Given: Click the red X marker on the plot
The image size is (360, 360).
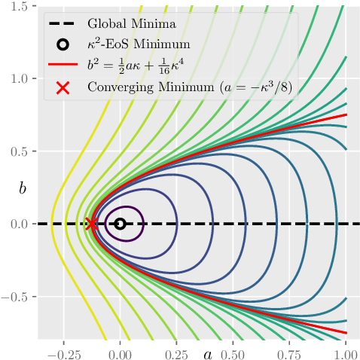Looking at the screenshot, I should coord(92,224).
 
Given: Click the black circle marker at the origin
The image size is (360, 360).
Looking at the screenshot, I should coord(120,224).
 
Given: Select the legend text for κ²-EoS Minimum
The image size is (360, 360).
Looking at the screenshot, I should coord(138,44).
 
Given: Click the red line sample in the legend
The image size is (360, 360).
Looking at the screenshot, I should coord(63,65).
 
